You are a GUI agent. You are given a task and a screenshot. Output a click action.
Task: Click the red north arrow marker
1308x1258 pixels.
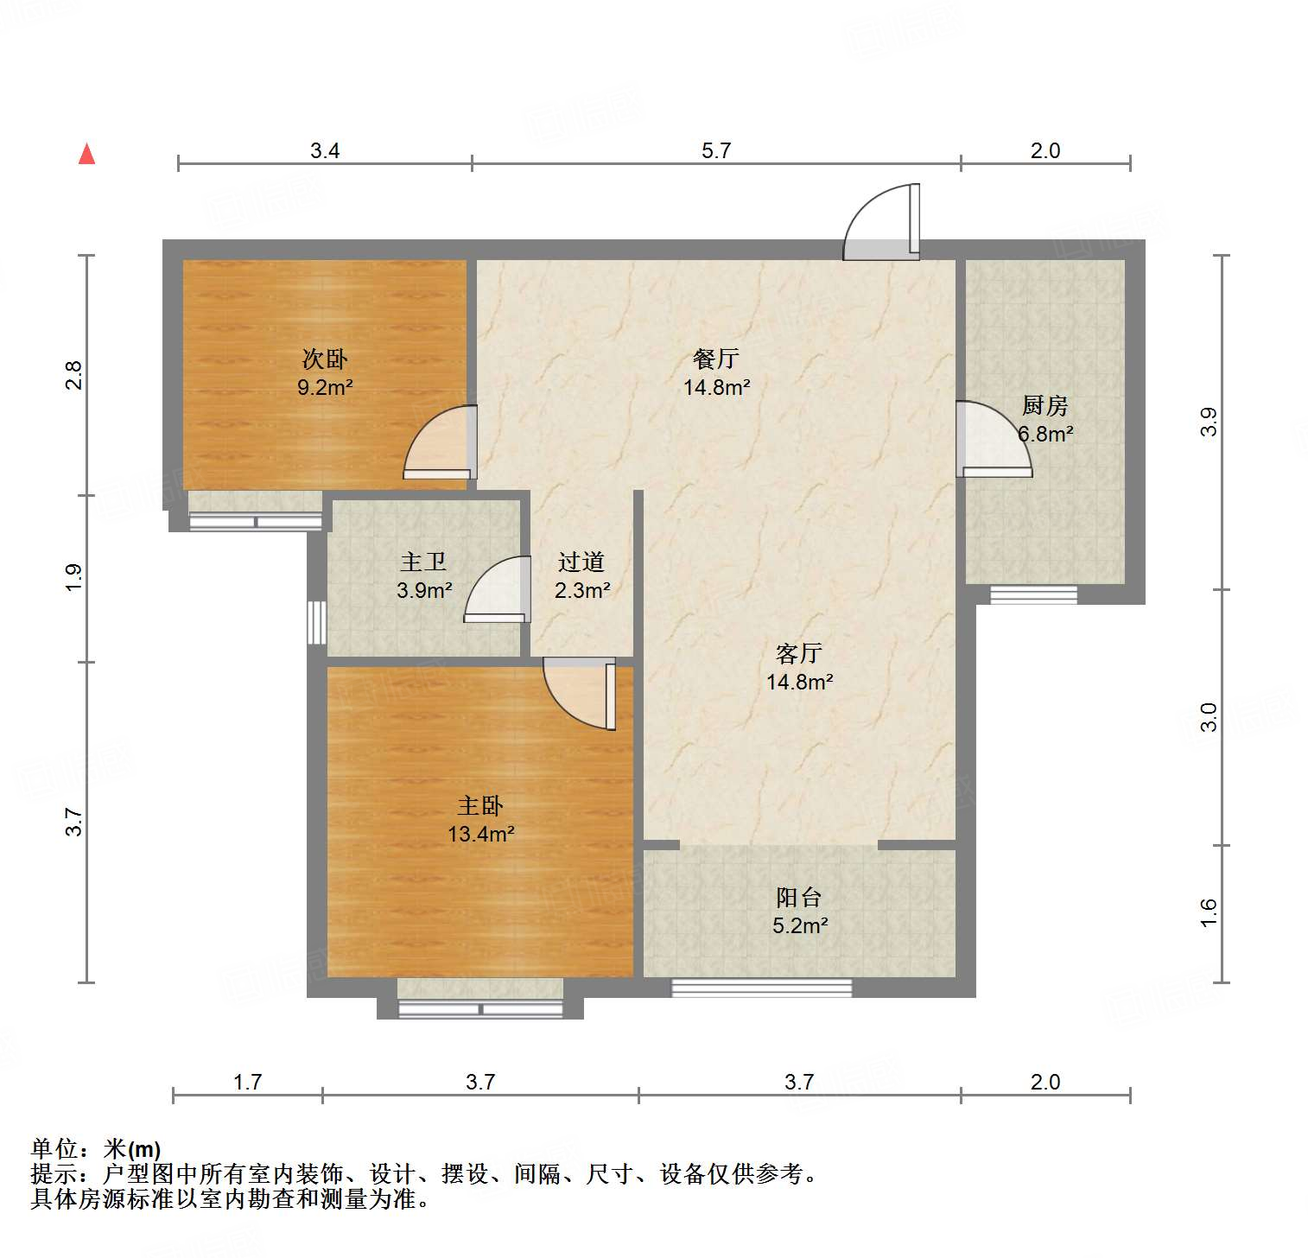click(86, 154)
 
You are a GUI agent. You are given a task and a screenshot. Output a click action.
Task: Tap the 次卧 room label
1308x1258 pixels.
click(325, 359)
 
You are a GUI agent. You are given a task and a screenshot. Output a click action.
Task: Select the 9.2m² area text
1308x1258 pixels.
click(325, 387)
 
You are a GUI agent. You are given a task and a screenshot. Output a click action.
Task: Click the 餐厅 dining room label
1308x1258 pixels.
click(716, 359)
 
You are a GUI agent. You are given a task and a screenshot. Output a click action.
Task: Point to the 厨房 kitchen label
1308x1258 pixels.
click(1044, 404)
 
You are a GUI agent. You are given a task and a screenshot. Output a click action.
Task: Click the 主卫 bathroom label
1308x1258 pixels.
click(423, 562)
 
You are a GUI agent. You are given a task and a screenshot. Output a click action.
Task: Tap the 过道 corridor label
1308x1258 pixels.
click(581, 562)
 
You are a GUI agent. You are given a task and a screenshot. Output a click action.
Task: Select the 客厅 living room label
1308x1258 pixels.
click(798, 653)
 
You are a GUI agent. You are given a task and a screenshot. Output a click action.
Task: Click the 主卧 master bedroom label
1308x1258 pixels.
click(480, 806)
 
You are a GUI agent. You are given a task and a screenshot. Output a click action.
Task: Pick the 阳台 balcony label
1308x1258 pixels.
click(798, 898)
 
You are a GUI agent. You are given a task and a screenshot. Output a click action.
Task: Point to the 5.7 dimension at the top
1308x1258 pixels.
click(716, 150)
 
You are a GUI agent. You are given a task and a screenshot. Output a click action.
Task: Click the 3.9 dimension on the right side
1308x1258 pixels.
click(1209, 422)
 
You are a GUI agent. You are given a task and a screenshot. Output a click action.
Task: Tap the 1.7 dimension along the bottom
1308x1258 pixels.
click(247, 1082)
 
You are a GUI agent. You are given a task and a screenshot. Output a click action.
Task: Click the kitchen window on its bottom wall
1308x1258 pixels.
click(1033, 594)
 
